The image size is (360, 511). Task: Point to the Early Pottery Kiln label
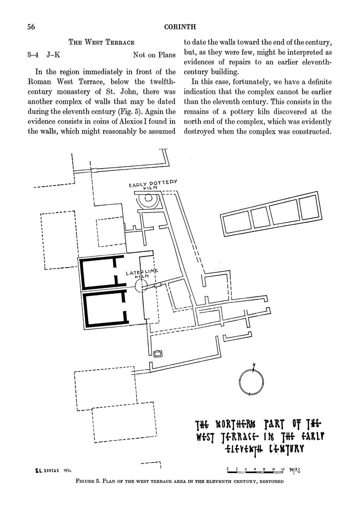coord(153,185)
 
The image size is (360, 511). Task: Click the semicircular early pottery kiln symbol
coord(148,201)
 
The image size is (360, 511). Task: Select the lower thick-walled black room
coord(103,309)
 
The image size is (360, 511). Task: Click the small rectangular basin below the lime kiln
coord(158,354)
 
